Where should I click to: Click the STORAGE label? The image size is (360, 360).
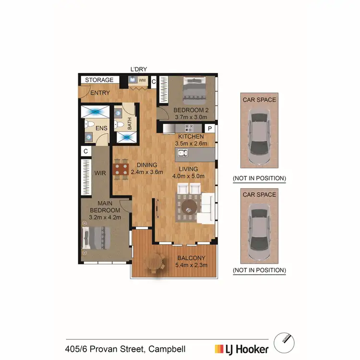99,80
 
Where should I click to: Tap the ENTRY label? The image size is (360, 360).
100,93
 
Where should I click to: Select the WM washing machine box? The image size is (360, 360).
142,81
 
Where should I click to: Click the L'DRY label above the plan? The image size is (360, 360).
139,69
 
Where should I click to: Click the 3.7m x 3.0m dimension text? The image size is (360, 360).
191,116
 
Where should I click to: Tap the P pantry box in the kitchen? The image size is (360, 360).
210,129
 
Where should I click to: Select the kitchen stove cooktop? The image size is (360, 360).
189,129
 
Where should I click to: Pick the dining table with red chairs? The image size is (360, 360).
121,169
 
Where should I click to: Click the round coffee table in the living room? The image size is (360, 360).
189,207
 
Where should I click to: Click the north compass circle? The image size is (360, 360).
283,343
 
